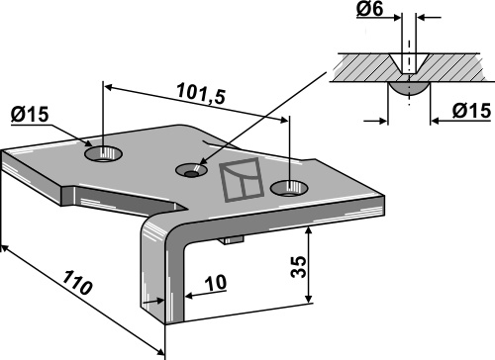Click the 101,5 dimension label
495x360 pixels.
click(x=202, y=93)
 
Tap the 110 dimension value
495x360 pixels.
click(x=77, y=282)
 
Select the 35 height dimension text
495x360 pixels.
click(x=299, y=266)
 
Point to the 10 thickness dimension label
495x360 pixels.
click(x=216, y=282)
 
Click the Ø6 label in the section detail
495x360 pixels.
click(x=370, y=9)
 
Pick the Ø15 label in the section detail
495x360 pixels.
click(x=471, y=111)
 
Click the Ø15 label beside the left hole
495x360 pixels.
click(x=30, y=115)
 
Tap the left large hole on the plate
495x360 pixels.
click(x=103, y=153)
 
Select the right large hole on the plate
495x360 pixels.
click(x=289, y=189)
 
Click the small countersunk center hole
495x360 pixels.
click(x=191, y=170)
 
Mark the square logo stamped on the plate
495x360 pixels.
click(x=242, y=179)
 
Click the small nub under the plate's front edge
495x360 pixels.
click(x=233, y=239)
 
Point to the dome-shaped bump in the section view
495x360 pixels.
click(x=410, y=89)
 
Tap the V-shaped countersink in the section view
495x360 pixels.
click(x=410, y=63)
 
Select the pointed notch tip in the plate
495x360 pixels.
click(x=185, y=209)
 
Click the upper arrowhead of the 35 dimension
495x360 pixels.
click(x=309, y=230)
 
